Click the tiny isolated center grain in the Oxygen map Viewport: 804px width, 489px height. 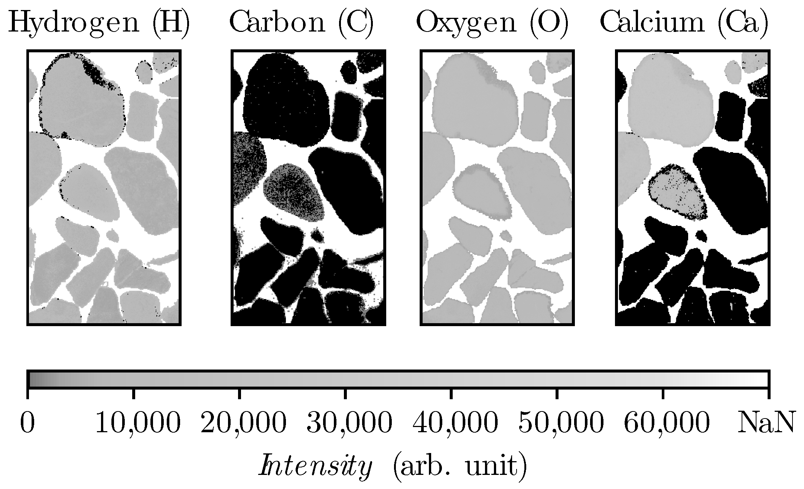[x=505, y=234]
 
